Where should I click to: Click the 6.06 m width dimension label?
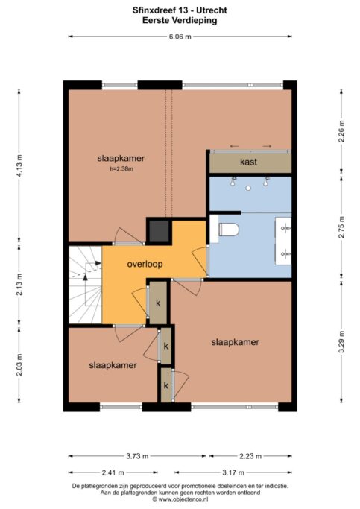coord(180,37)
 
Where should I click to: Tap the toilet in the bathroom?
coord(229,230)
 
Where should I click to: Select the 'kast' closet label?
coord(249,162)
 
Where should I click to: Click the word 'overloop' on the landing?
coord(145,264)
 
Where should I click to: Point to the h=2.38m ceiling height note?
coord(121,169)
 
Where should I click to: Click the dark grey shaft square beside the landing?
coord(159,231)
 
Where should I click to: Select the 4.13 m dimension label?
coord(19,165)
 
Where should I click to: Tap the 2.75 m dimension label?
coord(341,227)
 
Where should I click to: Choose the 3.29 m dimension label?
coord(341,342)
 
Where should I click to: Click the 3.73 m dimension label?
coord(137,456)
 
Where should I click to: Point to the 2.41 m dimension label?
coord(113,472)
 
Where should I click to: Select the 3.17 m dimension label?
coord(233,472)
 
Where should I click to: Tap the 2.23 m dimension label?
coord(250,456)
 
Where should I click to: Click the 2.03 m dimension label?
coord(19,364)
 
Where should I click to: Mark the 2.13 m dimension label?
coord(19,284)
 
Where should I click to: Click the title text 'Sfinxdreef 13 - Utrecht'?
coord(180,10)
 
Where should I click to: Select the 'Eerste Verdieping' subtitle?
coord(180,20)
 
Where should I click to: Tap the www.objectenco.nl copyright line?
coord(180,499)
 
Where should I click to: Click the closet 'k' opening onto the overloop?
coord(158,303)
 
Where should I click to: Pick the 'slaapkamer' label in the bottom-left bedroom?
coord(113,365)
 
